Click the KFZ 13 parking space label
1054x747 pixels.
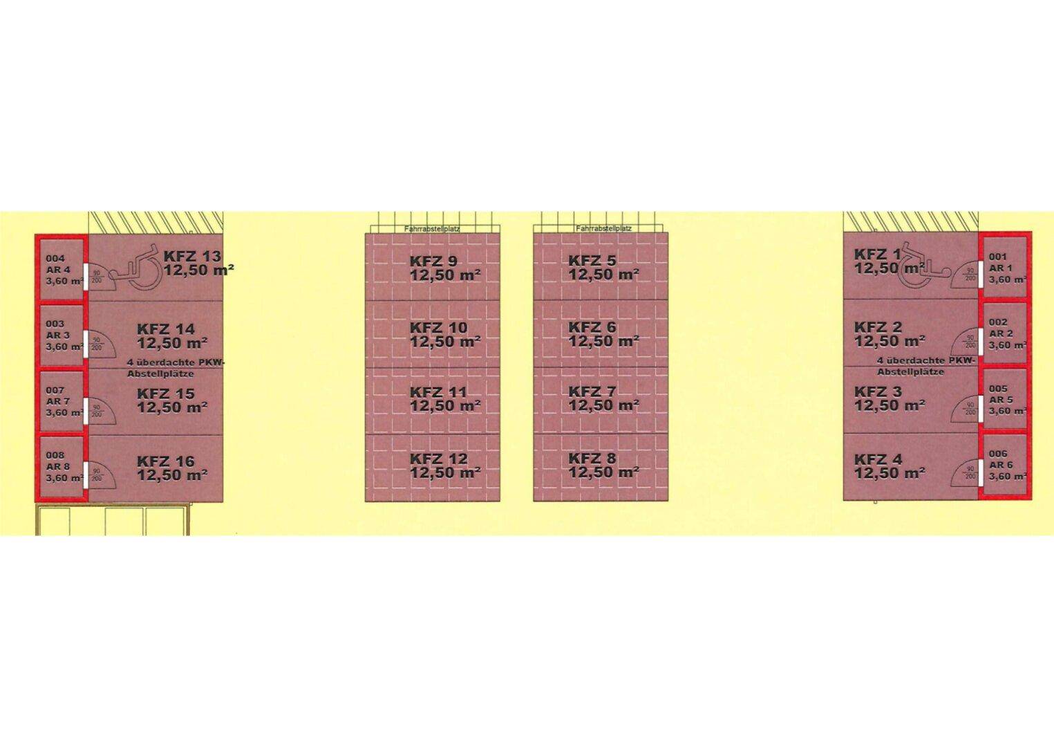pyautogui.click(x=192, y=256)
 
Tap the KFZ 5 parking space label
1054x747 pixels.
pyautogui.click(x=592, y=261)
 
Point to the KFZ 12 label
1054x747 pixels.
pyautogui.click(x=438, y=459)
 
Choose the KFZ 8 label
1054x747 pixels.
pyautogui.click(x=592, y=459)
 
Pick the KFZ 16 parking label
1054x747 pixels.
pyautogui.click(x=166, y=461)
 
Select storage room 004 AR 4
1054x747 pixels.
pyautogui.click(x=61, y=269)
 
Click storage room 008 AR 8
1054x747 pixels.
pyautogui.click(x=61, y=466)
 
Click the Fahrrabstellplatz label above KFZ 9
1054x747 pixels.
pyautogui.click(x=432, y=228)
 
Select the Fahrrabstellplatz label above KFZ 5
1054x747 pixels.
pyautogui.click(x=603, y=228)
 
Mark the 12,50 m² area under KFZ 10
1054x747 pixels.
pyautogui.click(x=445, y=342)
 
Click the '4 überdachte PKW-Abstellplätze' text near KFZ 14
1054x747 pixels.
pyautogui.click(x=176, y=368)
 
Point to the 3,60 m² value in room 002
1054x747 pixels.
pyautogui.click(x=1006, y=344)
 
